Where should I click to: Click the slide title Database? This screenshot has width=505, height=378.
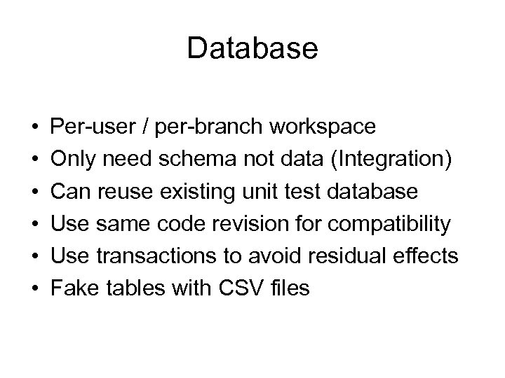[252, 49]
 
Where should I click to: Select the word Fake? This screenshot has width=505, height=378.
[77, 288]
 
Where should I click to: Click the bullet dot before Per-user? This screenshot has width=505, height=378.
[34, 128]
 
